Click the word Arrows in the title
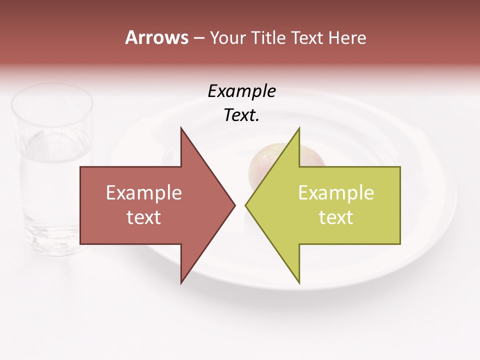[156, 37]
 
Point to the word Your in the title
[227, 38]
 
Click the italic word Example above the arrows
[241, 91]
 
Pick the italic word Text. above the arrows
[241, 115]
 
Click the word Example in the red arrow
[143, 193]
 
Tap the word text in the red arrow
[143, 217]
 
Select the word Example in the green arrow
[336, 193]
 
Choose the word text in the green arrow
[336, 217]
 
